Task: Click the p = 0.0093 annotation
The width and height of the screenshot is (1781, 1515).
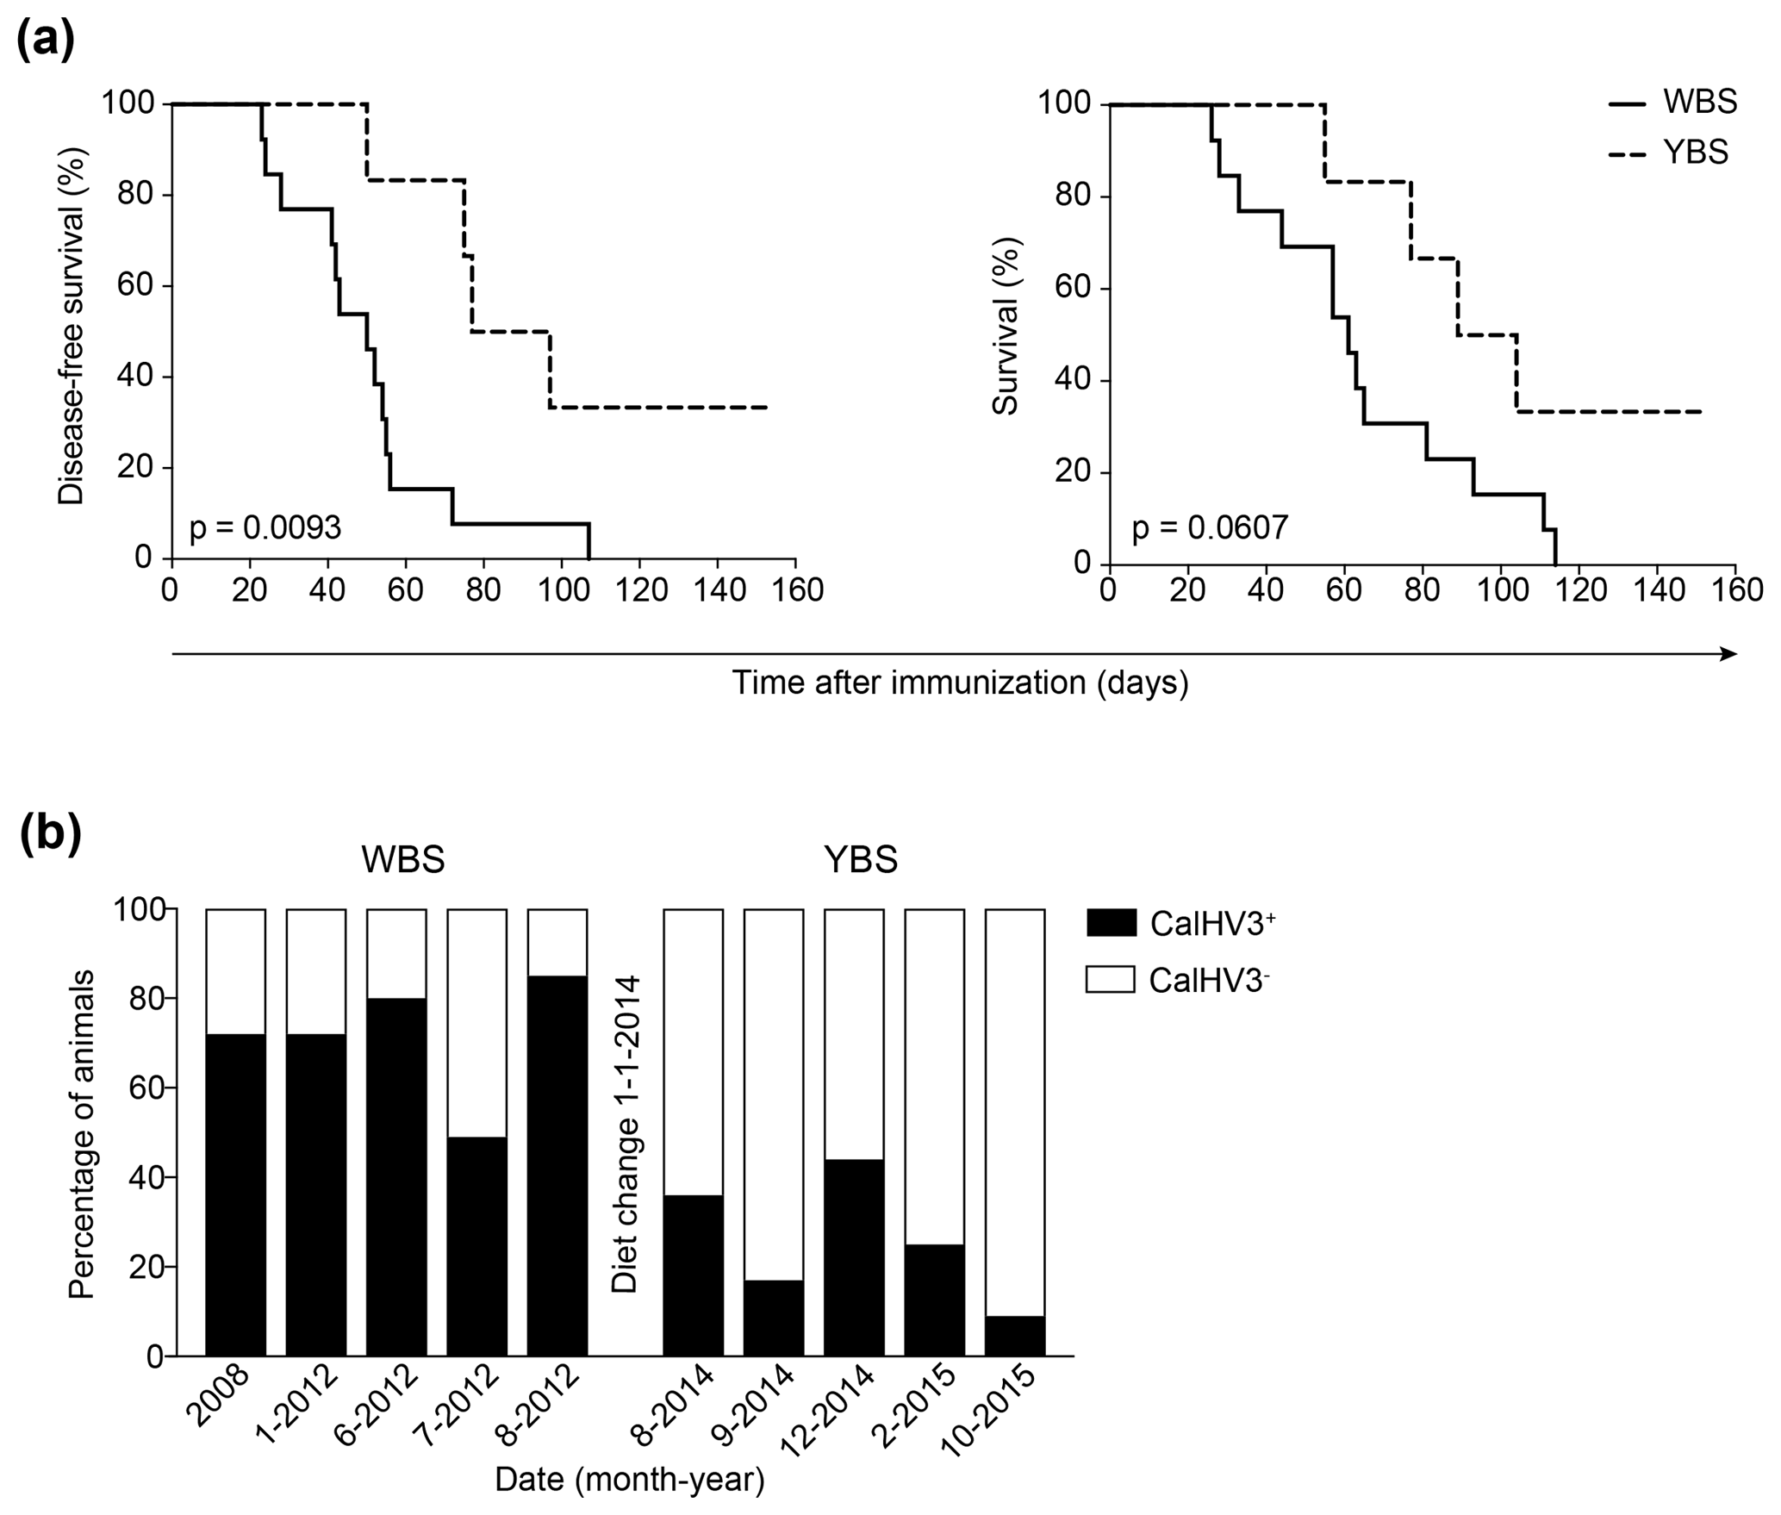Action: click(265, 527)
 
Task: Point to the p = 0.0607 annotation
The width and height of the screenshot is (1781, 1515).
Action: click(1210, 527)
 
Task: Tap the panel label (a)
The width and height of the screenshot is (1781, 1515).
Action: click(46, 39)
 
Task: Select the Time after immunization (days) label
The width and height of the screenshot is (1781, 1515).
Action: click(960, 683)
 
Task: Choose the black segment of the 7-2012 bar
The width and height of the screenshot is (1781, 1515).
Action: click(476, 1246)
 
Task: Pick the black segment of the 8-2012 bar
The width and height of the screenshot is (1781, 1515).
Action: click(557, 1165)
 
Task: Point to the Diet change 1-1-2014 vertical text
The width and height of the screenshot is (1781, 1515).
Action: click(625, 1134)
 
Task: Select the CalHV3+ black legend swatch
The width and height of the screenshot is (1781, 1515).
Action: click(1110, 923)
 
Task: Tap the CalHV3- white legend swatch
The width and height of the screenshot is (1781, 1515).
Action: click(1110, 979)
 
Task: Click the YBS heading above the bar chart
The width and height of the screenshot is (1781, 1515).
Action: click(860, 859)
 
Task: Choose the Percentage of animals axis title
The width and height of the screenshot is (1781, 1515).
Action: click(82, 1134)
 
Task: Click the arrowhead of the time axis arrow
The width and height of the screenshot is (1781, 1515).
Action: click(1728, 654)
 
